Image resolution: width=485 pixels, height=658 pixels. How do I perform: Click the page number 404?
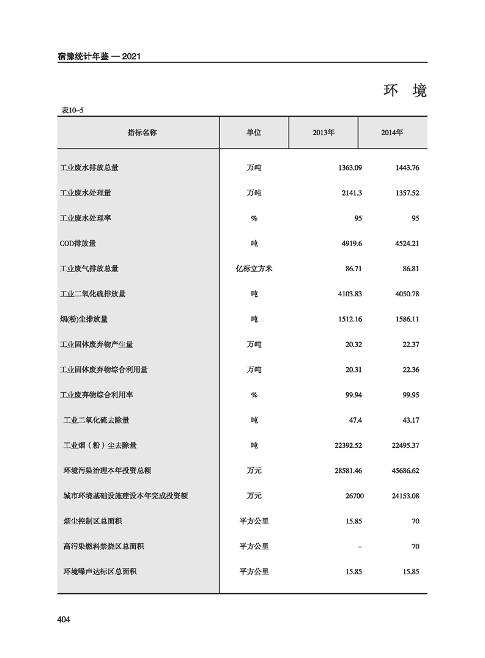click(64, 620)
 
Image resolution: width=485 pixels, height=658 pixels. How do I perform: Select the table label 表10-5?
click(72, 110)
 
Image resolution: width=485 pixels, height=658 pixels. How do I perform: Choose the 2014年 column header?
click(392, 132)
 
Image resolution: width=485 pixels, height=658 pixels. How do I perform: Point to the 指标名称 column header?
click(142, 132)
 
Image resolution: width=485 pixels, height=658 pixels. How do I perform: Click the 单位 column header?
click(254, 132)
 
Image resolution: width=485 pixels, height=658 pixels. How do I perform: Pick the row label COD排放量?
click(78, 243)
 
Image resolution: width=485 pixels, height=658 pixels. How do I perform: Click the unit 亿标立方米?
click(254, 268)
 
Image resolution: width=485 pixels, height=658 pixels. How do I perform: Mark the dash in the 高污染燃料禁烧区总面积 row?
click(360, 547)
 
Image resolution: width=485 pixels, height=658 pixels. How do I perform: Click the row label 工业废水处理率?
click(86, 218)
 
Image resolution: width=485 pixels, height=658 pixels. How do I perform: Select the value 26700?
click(352, 496)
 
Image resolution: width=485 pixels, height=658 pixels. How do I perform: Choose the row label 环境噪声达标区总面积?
click(100, 572)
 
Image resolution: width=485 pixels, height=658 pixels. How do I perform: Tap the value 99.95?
click(407, 395)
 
